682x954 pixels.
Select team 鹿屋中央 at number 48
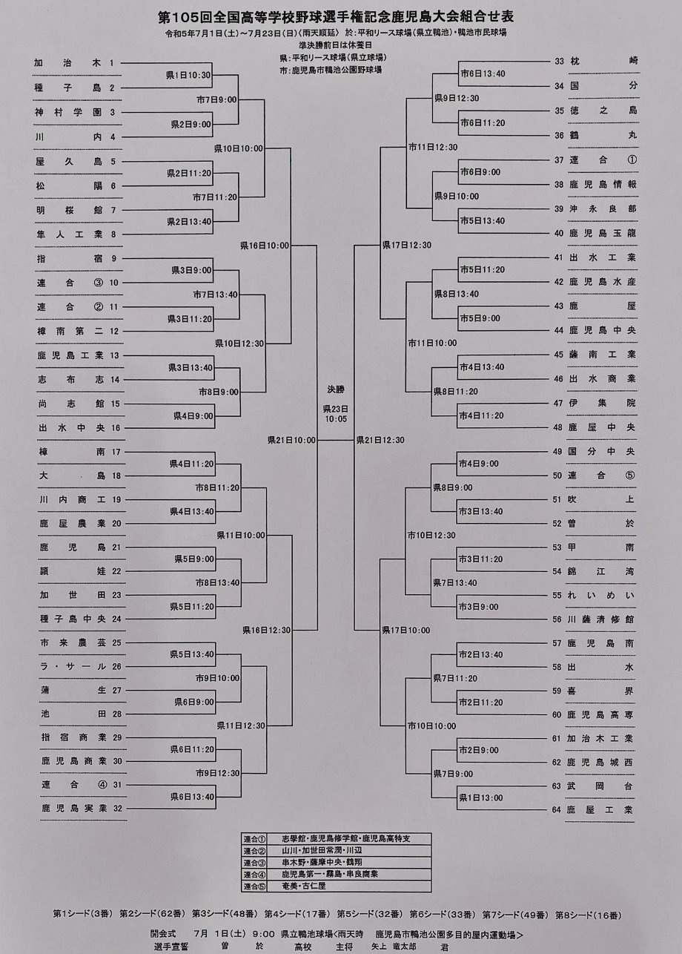pos(601,427)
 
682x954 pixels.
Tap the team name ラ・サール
pos(69,666)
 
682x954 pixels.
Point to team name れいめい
pos(601,595)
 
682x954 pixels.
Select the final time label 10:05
pos(336,419)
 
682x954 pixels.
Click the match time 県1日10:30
pos(191,75)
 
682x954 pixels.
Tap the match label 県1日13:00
pos(480,797)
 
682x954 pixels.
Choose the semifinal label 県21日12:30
pos(380,440)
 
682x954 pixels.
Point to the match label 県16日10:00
pos(265,244)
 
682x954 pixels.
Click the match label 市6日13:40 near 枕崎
pos(482,73)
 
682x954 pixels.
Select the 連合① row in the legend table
pos(337,838)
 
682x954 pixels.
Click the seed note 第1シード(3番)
pos(82,913)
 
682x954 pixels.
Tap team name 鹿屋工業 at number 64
pos(601,809)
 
